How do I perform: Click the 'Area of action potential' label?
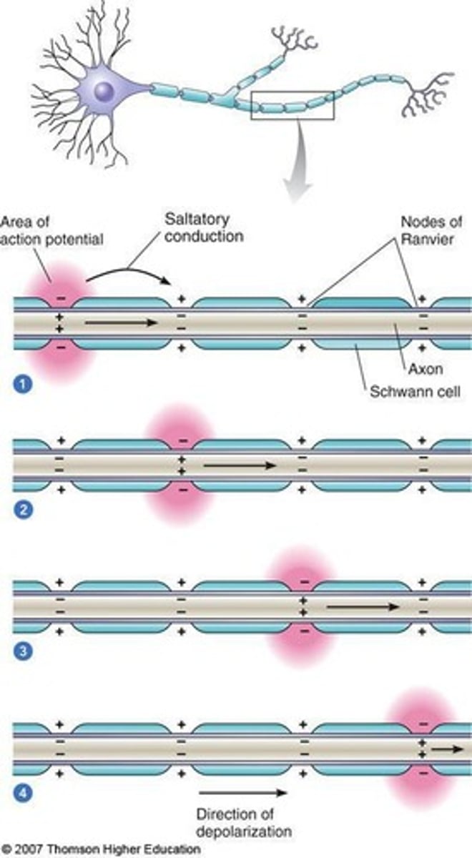click(51, 230)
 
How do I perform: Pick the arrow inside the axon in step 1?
click(120, 323)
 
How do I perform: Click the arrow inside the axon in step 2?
click(240, 465)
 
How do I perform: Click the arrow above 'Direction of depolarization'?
click(242, 792)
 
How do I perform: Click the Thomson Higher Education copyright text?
click(101, 850)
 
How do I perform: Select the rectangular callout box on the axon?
click(293, 104)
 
